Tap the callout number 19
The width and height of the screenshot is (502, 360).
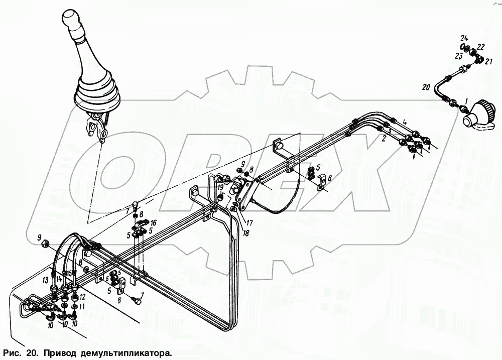pos(220,188)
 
